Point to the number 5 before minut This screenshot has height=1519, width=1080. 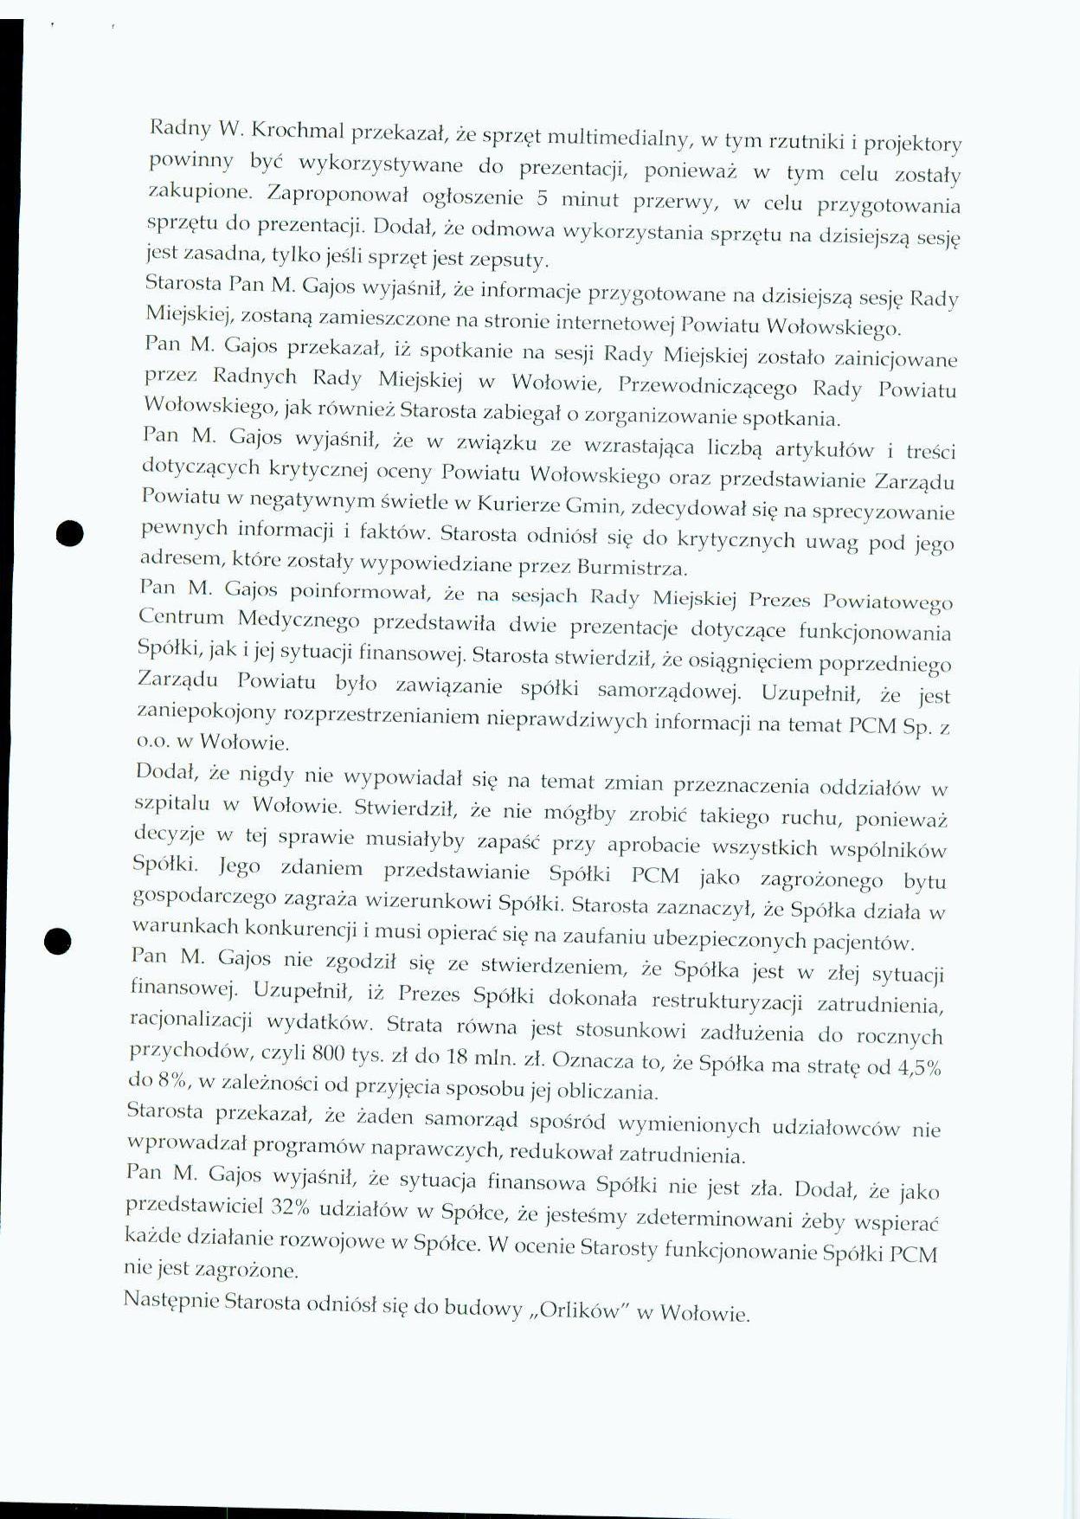click(543, 199)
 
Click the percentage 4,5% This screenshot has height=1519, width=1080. click(918, 1067)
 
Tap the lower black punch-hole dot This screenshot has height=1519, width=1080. click(57, 940)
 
